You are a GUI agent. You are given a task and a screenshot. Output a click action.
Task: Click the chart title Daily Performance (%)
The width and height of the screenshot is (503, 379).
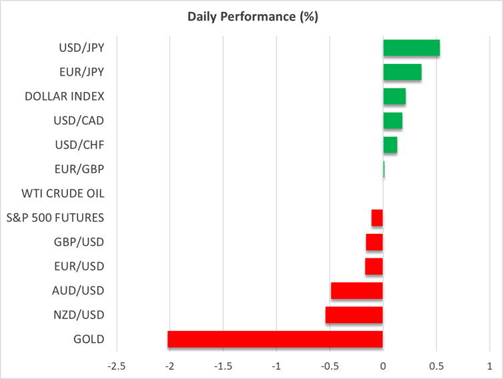point(251,17)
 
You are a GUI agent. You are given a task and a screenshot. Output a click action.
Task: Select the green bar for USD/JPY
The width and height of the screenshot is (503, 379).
point(411,48)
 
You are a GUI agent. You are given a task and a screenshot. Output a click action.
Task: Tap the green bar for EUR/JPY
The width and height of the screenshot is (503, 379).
point(402,72)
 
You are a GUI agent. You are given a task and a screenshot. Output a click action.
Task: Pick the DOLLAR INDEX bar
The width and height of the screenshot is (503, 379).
point(394,97)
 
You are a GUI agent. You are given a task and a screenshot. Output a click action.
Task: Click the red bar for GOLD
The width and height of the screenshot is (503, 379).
point(275,339)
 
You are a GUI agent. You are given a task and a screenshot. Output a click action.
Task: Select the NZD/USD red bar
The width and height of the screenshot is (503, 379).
point(354,315)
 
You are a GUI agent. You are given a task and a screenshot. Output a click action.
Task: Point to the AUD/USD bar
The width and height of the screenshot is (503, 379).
point(356,290)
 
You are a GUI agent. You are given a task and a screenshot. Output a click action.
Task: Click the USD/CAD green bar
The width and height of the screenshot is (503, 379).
point(392,121)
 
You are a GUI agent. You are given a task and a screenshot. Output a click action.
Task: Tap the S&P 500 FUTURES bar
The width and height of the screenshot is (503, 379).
point(377,218)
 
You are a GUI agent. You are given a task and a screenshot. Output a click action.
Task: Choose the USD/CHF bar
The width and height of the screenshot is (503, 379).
point(390,145)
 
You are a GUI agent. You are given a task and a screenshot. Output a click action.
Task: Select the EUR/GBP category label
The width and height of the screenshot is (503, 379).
point(79,169)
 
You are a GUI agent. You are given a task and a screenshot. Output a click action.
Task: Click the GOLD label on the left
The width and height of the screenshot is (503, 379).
point(89,339)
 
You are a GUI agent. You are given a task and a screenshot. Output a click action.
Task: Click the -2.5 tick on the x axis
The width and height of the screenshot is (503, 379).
point(116,366)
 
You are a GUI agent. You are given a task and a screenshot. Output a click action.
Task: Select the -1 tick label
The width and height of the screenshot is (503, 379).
point(276,366)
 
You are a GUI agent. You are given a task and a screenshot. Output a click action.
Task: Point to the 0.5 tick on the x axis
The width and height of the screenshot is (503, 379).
point(436,366)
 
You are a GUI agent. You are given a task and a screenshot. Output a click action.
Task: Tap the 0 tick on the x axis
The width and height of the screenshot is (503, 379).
point(383,366)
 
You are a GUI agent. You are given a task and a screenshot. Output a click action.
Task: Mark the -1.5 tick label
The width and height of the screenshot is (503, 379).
point(223,366)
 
